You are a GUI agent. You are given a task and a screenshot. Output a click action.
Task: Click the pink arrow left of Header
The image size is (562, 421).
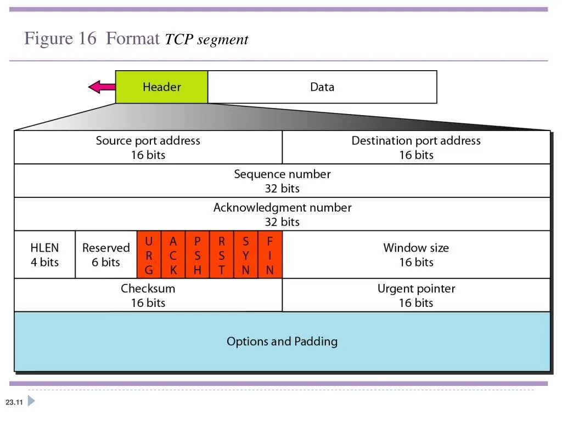click(x=102, y=87)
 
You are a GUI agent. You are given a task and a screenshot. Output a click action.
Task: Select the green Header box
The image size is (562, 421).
click(x=161, y=87)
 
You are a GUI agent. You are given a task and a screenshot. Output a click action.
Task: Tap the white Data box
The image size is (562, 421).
click(x=322, y=87)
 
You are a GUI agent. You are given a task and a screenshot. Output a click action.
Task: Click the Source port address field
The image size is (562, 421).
click(x=148, y=147)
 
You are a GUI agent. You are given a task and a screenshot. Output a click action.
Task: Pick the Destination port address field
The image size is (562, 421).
click(x=416, y=147)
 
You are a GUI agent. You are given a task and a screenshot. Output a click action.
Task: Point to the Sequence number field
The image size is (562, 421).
click(x=282, y=181)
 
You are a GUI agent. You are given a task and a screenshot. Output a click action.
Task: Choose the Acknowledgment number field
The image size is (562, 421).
click(x=282, y=214)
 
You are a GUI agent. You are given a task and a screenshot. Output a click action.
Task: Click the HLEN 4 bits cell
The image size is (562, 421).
click(x=44, y=255)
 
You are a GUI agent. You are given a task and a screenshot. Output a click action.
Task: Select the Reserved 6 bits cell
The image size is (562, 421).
click(x=106, y=255)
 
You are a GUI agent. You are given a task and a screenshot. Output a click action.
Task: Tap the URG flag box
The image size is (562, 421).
click(x=149, y=255)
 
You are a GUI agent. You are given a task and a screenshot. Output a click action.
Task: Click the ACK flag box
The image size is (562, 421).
click(x=173, y=255)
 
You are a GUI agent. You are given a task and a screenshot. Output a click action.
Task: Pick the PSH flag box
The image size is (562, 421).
click(x=198, y=255)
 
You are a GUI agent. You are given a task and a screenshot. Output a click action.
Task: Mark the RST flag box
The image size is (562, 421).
click(x=222, y=255)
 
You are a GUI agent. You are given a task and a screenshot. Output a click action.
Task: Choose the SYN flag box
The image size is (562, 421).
click(x=246, y=255)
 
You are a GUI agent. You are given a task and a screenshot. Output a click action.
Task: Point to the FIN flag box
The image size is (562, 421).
click(x=270, y=255)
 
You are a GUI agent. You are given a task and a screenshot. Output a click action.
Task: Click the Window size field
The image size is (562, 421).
click(x=416, y=255)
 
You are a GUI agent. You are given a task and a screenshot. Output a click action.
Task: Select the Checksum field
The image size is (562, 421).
click(x=148, y=295)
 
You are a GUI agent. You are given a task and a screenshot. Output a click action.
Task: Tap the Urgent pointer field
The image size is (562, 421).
click(x=416, y=295)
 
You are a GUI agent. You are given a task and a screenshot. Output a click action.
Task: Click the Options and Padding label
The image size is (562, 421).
click(x=282, y=342)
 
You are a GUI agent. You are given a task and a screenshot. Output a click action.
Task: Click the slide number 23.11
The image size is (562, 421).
click(x=14, y=403)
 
